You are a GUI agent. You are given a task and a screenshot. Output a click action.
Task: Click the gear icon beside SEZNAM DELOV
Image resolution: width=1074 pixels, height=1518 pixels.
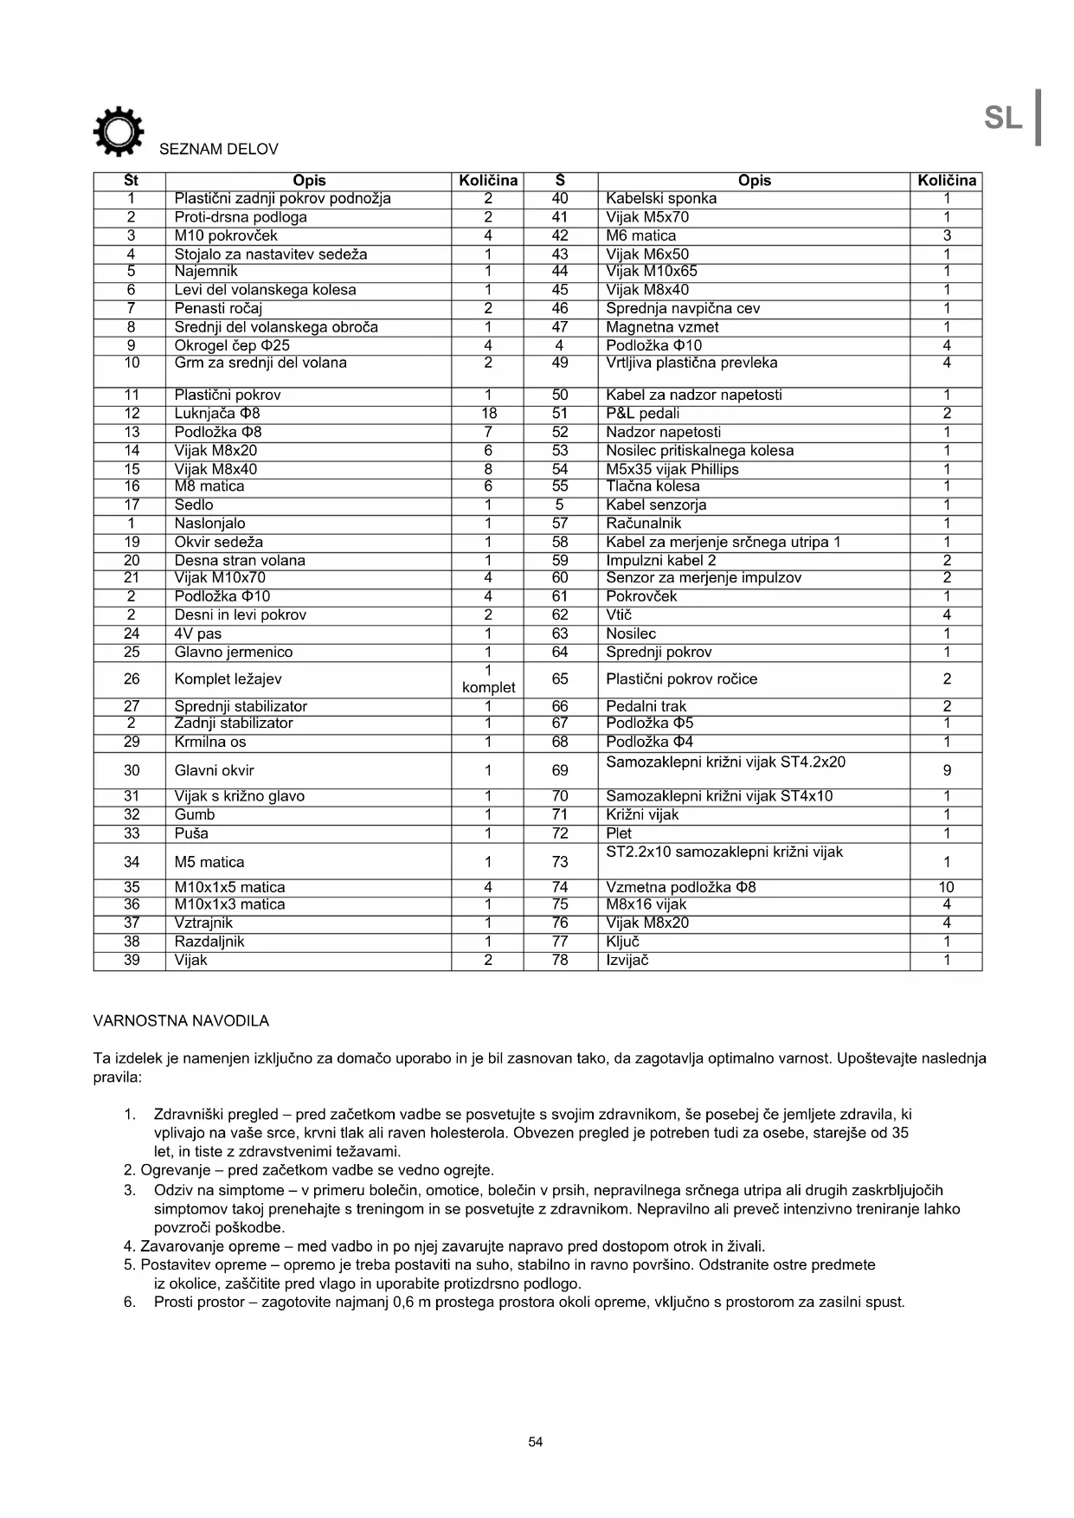[x=118, y=132]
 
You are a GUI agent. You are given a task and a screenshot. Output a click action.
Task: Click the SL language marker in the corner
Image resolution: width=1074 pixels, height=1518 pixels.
[x=1004, y=118]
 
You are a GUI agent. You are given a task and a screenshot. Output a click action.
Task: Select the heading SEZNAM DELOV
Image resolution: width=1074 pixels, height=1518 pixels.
[x=218, y=150]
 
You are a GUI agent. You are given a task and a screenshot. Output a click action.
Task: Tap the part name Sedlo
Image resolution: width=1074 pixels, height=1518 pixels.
[x=194, y=505]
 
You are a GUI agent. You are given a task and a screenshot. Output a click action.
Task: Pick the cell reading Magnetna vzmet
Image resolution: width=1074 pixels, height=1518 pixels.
[x=662, y=327]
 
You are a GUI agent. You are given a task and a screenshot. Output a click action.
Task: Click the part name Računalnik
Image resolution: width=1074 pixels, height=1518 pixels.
[x=643, y=524]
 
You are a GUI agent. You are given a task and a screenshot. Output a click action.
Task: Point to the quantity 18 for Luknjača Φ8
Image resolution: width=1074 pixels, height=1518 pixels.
[x=488, y=414]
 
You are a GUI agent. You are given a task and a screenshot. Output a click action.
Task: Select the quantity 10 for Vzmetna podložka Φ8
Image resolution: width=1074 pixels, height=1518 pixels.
[x=946, y=887]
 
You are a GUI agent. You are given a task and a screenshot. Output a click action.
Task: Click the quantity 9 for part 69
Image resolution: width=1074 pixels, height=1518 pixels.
[x=947, y=770]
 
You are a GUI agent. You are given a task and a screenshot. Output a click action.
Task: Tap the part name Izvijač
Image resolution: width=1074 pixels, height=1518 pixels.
[x=627, y=960]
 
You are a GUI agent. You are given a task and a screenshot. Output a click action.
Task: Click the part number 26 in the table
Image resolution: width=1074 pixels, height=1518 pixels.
[x=132, y=679]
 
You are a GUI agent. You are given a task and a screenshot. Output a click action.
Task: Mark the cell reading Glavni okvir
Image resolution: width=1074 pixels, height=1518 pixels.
[x=214, y=770]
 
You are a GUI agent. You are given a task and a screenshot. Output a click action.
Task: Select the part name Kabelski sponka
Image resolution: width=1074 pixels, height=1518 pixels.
[x=661, y=199]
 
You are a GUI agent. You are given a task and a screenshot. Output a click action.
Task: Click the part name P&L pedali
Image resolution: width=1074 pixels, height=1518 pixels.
[x=642, y=414]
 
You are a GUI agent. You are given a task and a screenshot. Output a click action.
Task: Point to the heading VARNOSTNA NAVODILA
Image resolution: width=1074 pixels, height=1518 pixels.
[x=181, y=1021]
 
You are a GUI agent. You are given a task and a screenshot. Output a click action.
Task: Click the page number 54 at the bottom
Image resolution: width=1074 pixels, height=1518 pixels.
[x=536, y=1442]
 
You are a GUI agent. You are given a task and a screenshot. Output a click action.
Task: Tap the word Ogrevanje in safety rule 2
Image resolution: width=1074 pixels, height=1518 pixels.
[x=175, y=1170]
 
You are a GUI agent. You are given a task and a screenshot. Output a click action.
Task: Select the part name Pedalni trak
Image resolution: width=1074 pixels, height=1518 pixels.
[x=646, y=706]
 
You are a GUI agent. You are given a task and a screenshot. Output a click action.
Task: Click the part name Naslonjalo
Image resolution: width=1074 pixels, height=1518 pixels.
[x=209, y=524]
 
